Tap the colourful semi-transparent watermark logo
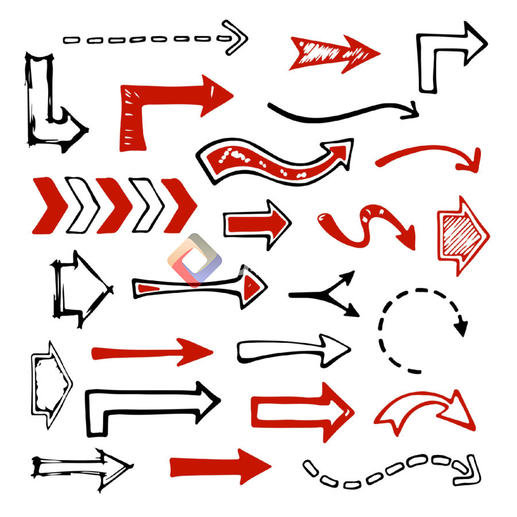click(x=195, y=260)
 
